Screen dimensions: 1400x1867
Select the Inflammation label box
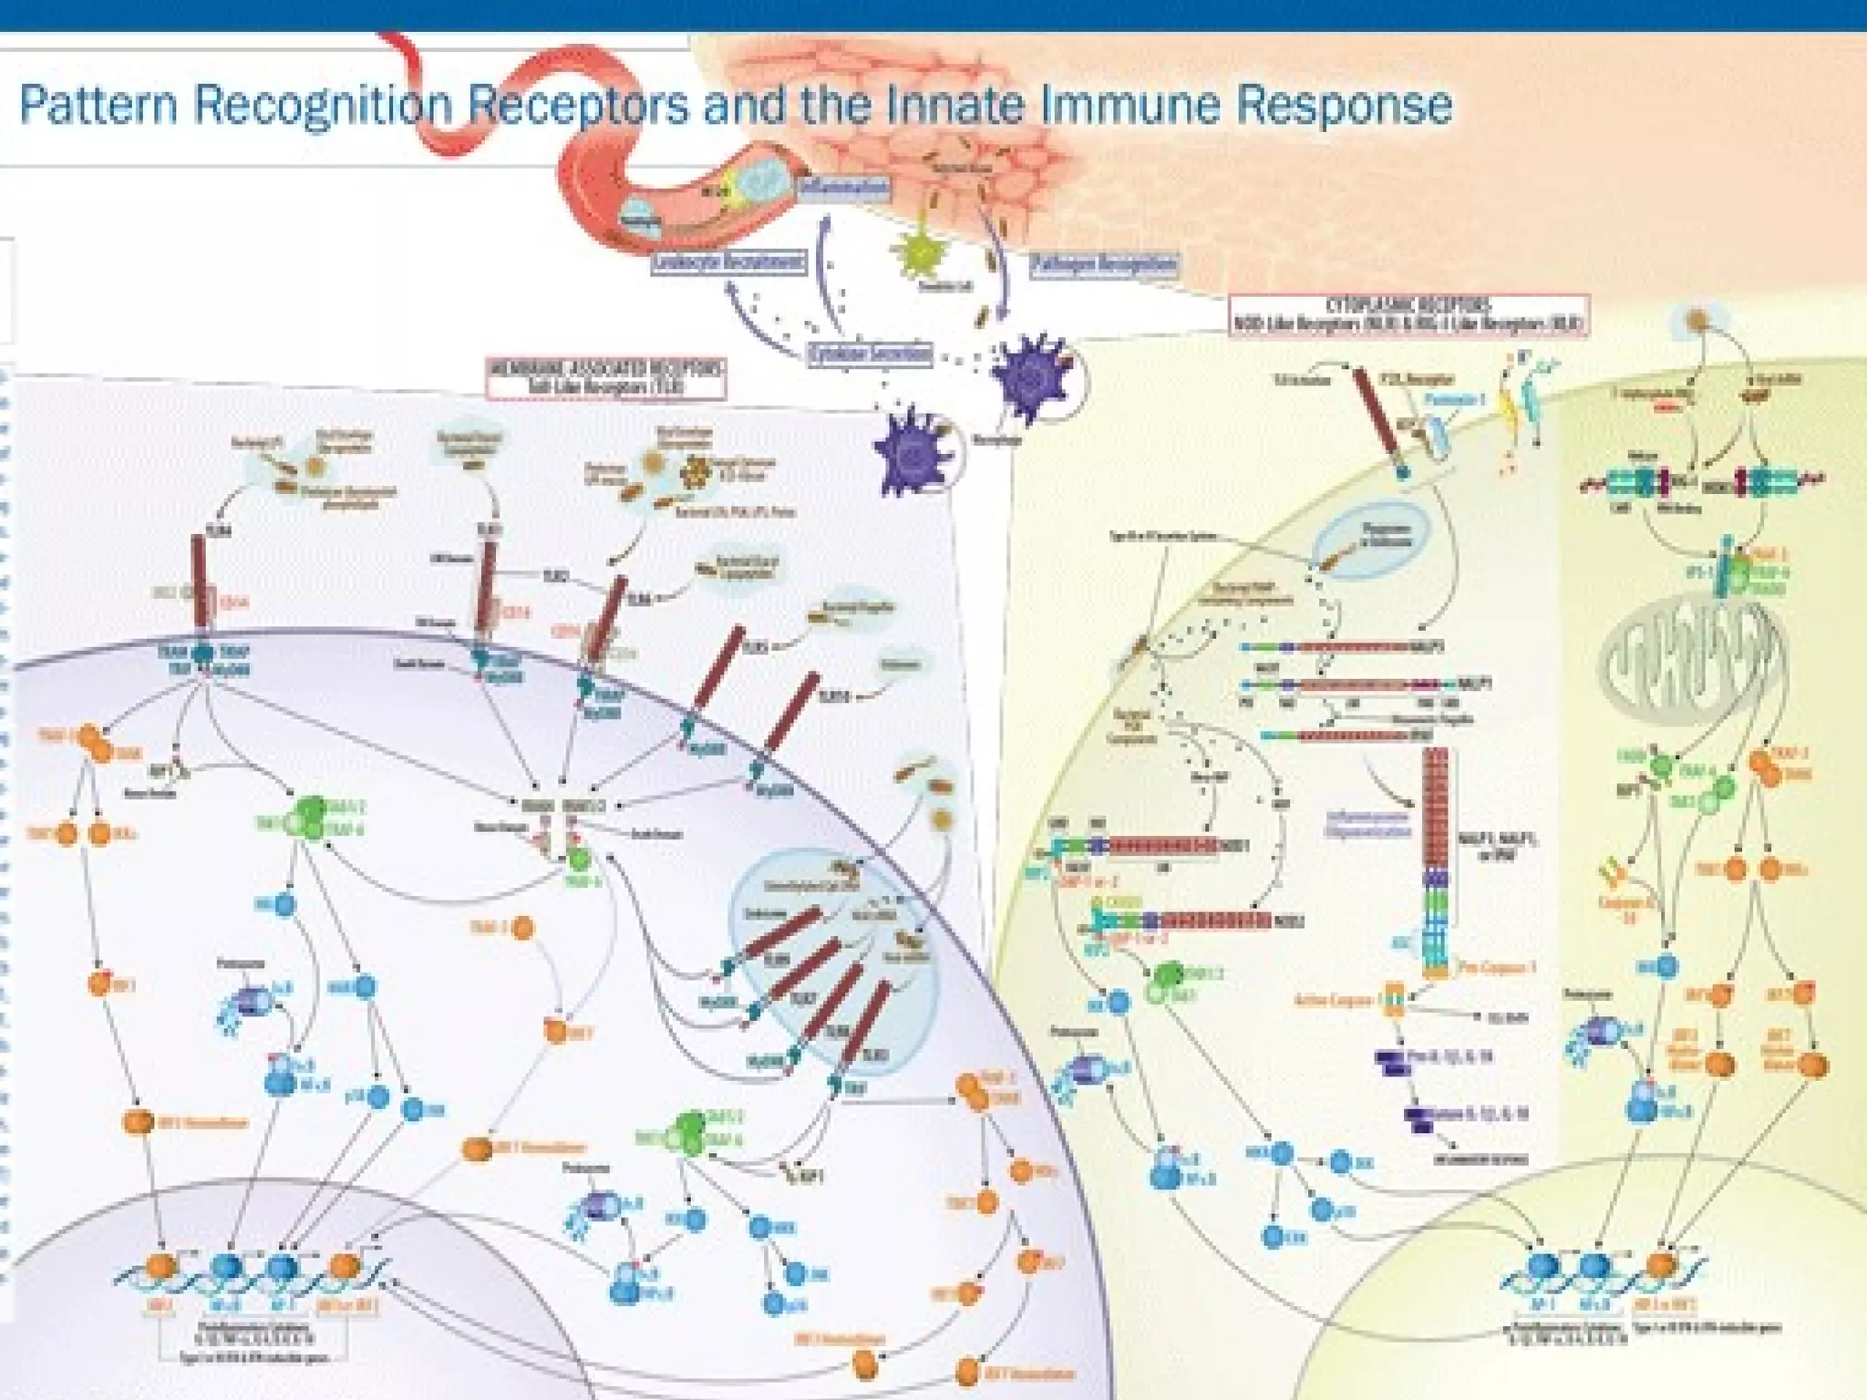tap(842, 186)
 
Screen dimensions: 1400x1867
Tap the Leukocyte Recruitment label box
tap(729, 262)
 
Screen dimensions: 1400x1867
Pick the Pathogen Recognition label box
tap(1104, 264)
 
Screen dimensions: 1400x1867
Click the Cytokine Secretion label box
tap(871, 354)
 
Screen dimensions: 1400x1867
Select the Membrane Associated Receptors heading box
tap(606, 377)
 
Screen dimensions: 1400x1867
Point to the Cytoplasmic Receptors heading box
tap(1408, 314)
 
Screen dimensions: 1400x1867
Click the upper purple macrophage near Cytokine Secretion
tap(1030, 378)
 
